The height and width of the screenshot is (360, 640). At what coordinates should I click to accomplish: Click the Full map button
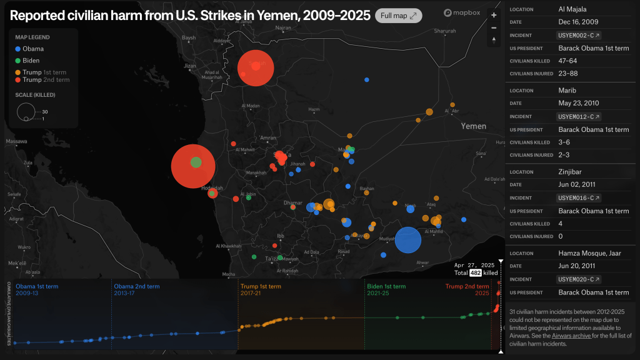point(398,16)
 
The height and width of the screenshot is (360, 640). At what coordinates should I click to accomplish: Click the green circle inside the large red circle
point(196,162)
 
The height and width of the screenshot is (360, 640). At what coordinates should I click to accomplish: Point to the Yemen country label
point(473,126)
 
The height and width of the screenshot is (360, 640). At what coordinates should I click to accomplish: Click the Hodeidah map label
point(212,187)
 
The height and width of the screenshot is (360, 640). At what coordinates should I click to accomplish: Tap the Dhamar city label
point(292,202)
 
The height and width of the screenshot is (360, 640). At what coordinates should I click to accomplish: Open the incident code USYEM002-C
point(579,36)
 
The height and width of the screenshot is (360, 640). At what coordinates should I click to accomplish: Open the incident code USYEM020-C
point(579,279)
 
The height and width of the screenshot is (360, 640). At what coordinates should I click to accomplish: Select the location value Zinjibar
point(573,172)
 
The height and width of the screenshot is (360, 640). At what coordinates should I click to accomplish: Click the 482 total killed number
point(474,273)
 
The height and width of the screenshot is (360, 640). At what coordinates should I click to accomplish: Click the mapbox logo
point(462,13)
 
